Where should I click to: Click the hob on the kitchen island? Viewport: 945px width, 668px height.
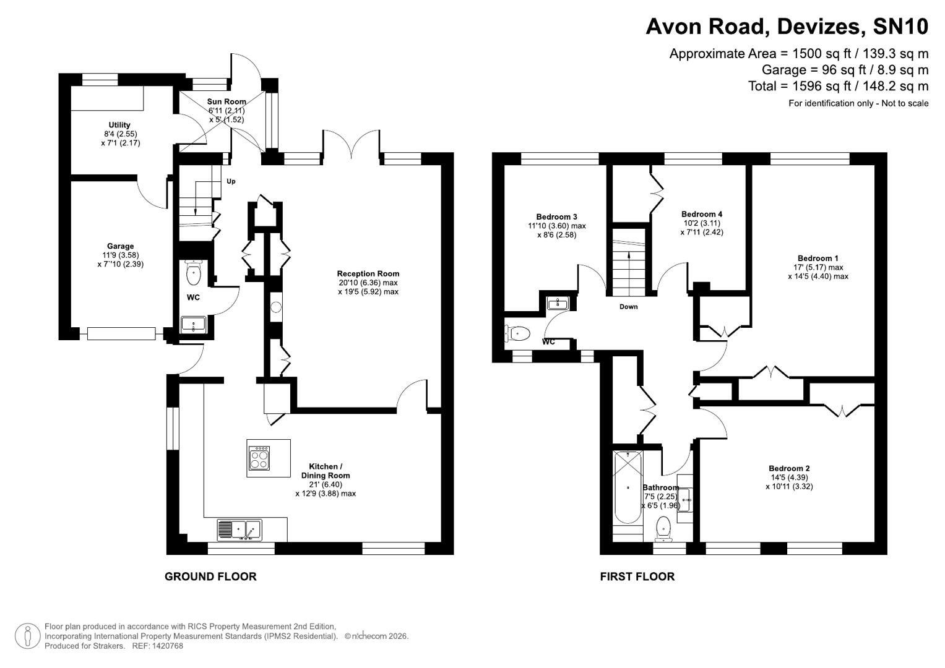(x=259, y=458)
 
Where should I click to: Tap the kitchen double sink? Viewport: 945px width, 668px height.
(x=239, y=529)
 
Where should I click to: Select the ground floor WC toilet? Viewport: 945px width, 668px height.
(x=194, y=272)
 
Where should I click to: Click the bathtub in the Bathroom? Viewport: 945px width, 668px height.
(x=627, y=488)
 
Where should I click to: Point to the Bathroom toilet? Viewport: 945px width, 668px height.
(x=663, y=527)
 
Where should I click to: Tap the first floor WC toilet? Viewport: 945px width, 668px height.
(x=517, y=334)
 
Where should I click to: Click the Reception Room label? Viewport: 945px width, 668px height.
(x=368, y=273)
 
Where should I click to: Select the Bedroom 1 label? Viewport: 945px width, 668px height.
(x=818, y=258)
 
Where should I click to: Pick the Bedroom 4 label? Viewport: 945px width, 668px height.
(x=701, y=214)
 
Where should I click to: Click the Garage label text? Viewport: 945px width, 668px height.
(x=120, y=246)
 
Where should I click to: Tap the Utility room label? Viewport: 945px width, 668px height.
(x=119, y=125)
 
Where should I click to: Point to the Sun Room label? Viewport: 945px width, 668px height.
(x=226, y=101)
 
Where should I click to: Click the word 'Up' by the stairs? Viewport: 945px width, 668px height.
(x=231, y=181)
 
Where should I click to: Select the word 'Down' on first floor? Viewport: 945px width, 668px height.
(x=628, y=307)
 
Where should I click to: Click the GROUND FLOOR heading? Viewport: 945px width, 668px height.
(x=210, y=576)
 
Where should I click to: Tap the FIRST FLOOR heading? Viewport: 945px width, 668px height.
(x=637, y=576)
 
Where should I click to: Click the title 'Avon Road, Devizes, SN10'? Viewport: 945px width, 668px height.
(x=787, y=27)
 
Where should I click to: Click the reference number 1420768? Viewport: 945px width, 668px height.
(x=167, y=646)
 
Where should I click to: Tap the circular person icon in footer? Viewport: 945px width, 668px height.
(x=27, y=636)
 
